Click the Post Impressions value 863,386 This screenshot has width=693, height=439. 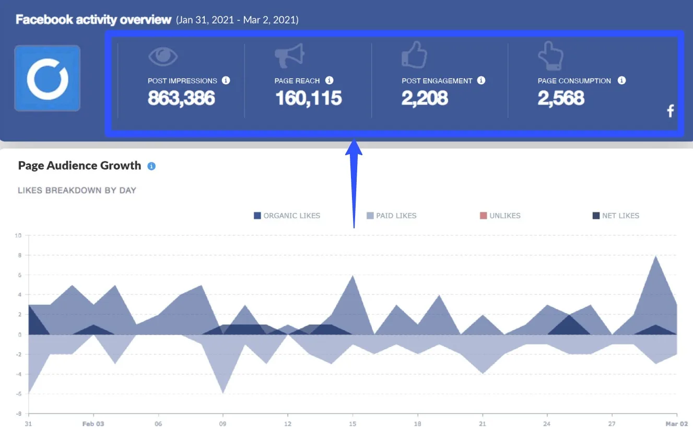tap(181, 98)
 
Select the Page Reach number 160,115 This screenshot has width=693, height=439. tap(308, 98)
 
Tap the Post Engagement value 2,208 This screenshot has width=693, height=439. tap(424, 98)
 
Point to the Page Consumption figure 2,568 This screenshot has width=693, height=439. tap(560, 98)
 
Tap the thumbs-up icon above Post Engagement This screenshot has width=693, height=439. tap(414, 55)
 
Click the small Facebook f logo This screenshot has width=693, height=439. tap(671, 111)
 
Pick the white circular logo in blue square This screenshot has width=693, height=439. tap(48, 78)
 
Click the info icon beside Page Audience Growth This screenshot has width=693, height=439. tap(151, 166)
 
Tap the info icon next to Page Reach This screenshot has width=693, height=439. tap(329, 80)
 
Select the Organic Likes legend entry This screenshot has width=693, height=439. tap(287, 215)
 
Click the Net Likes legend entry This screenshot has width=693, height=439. tap(616, 215)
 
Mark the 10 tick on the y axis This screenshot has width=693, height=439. tap(18, 236)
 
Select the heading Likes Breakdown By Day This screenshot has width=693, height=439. tap(77, 190)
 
